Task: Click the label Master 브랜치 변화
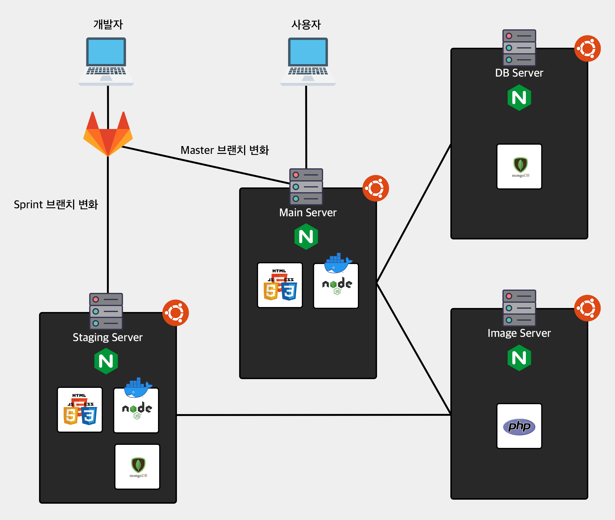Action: (224, 150)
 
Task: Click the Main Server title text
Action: (308, 212)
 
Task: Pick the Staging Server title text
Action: (107, 337)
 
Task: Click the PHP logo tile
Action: (519, 426)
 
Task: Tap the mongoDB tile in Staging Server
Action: (137, 467)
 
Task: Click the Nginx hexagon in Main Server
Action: (306, 236)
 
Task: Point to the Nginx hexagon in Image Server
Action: (519, 358)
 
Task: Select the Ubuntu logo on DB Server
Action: (587, 49)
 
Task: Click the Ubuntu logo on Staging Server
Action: (176, 313)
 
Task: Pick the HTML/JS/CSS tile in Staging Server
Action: (80, 410)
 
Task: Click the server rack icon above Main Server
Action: (306, 186)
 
